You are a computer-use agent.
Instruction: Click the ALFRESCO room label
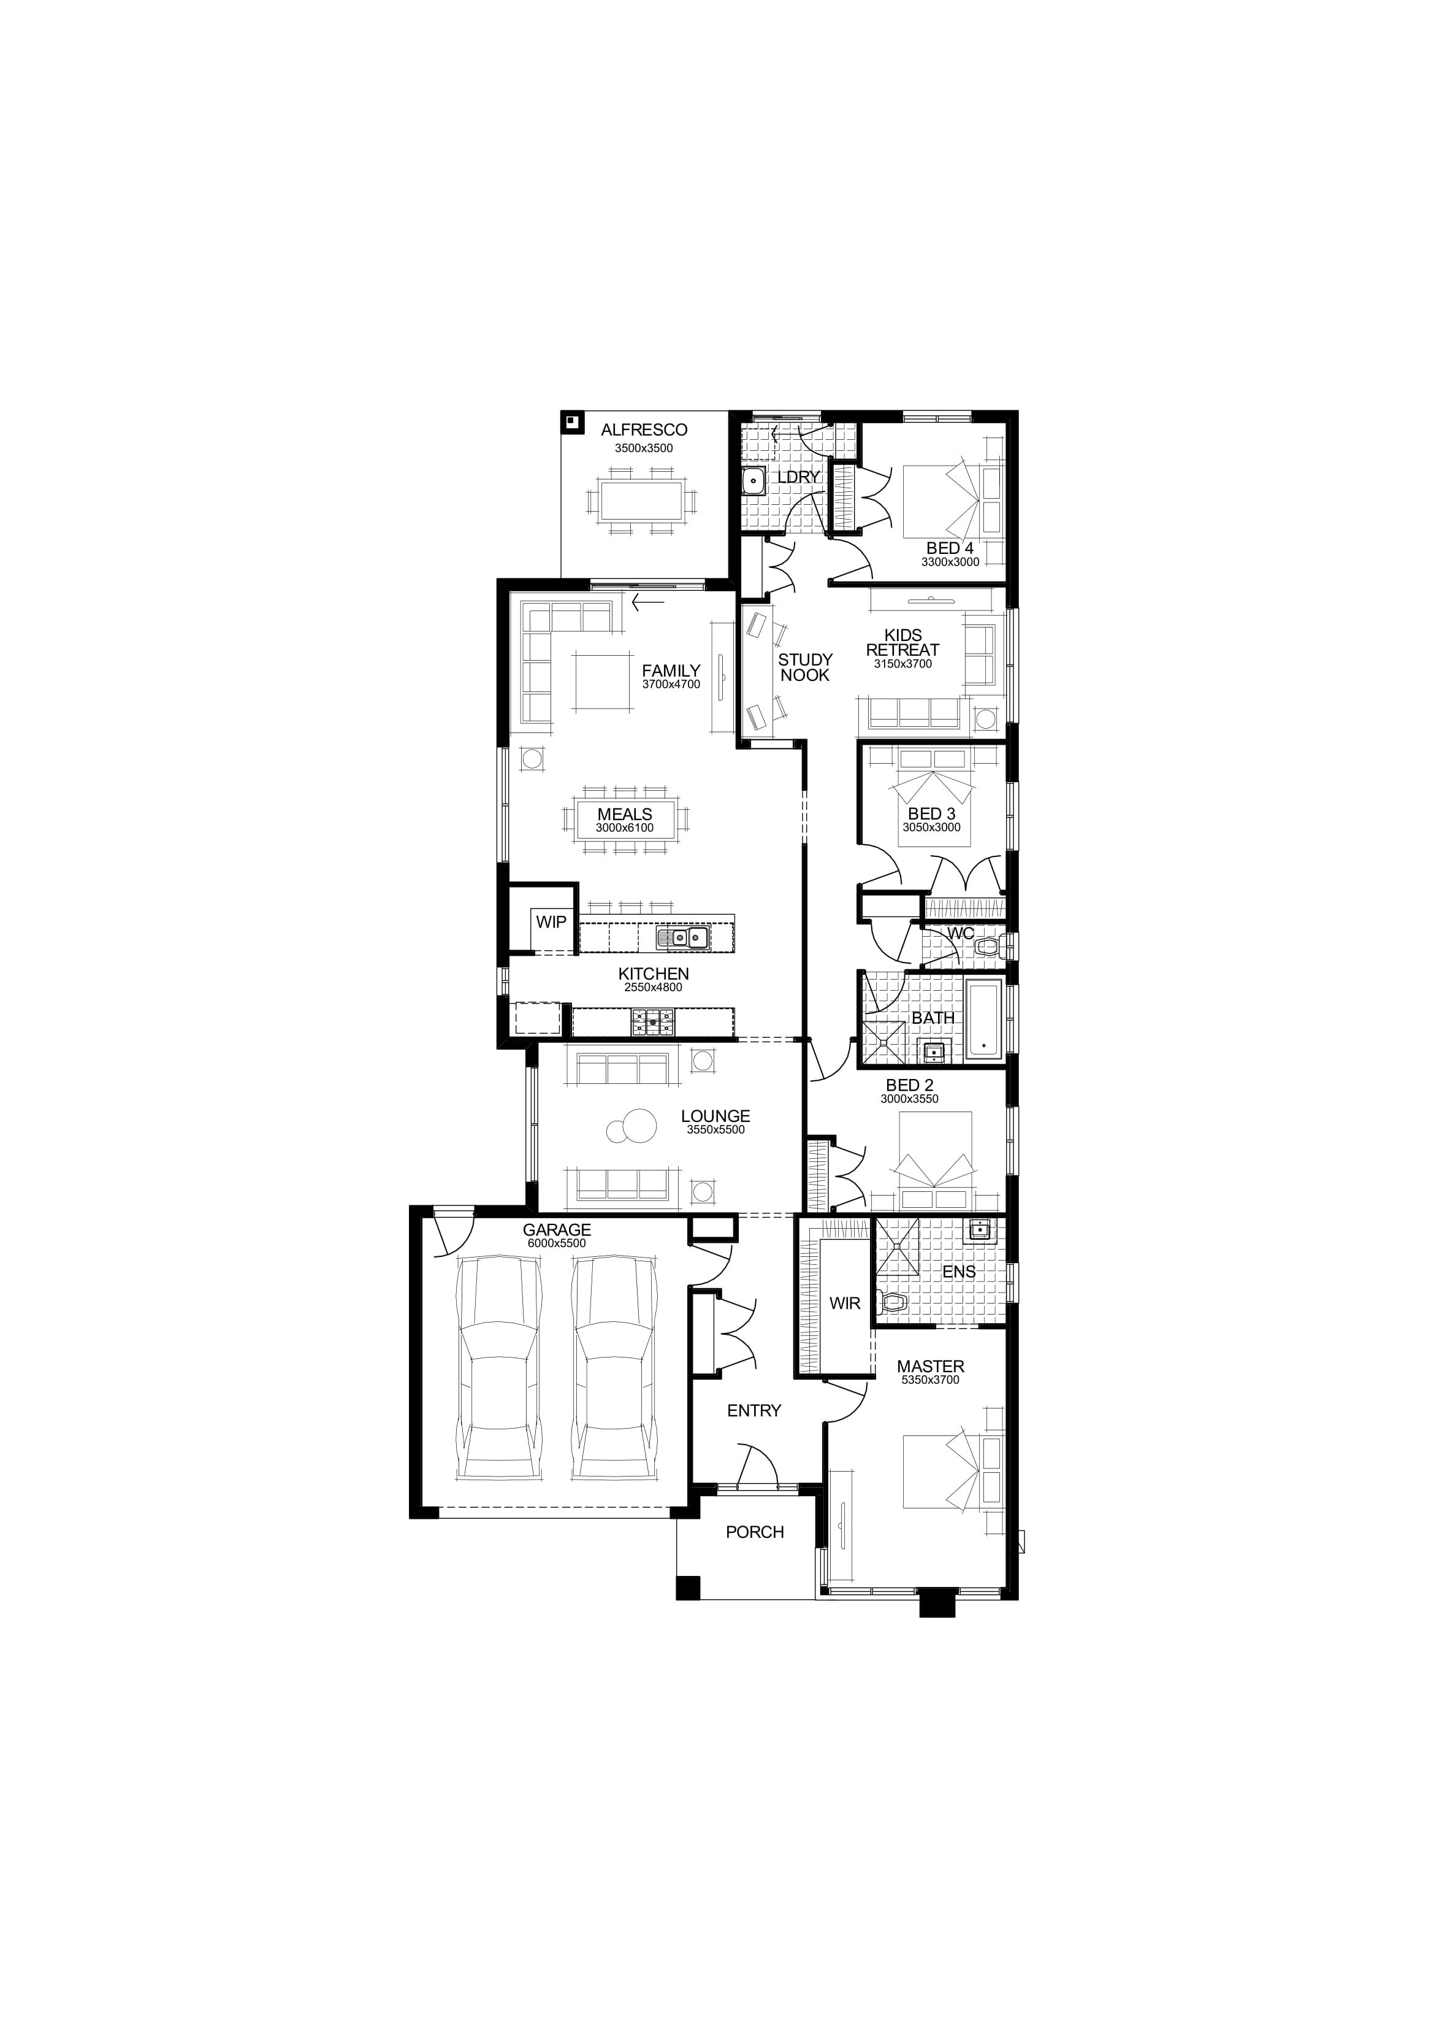click(x=644, y=430)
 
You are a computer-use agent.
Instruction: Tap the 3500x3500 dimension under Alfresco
click(x=644, y=448)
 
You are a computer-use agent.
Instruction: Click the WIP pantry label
click(x=551, y=922)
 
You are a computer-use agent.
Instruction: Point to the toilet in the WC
click(x=990, y=948)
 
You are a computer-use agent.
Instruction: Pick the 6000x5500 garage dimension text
click(x=556, y=1243)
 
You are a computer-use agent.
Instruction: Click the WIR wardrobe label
click(x=844, y=1303)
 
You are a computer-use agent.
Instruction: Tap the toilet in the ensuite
click(x=893, y=1301)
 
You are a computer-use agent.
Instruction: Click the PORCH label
click(x=755, y=1532)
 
